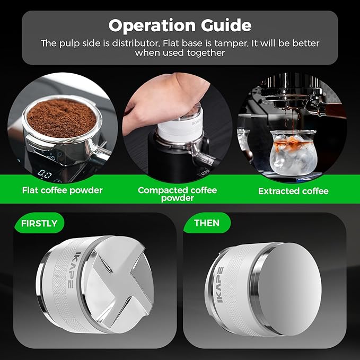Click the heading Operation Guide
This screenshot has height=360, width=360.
point(179,25)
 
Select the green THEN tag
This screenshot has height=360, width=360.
point(206,223)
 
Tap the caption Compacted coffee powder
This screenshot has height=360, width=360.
point(177,194)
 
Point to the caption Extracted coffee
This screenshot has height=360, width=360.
point(293,191)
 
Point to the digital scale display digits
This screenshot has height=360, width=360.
point(46,173)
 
